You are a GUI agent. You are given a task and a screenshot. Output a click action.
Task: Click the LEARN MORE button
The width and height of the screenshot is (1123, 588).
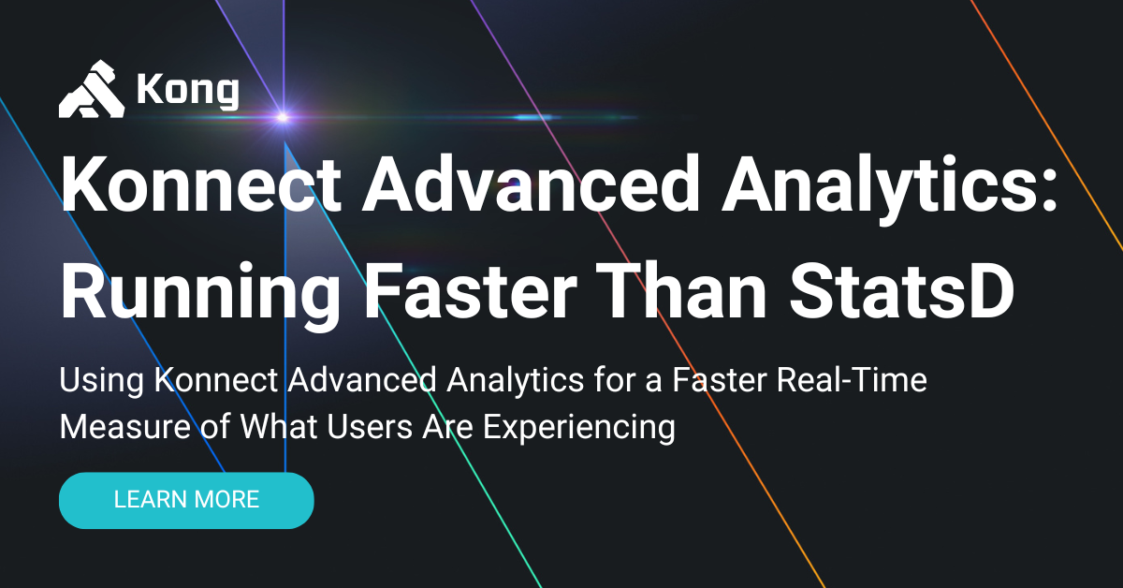(186, 500)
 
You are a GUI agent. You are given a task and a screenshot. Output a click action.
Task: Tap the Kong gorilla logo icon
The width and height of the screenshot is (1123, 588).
(92, 90)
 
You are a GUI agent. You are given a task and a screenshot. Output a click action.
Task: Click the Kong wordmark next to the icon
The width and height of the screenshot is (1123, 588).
(187, 91)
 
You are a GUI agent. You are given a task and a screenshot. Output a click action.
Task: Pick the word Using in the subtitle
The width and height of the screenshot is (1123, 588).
(101, 381)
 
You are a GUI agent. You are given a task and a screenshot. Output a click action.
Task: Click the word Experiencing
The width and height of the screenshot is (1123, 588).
(576, 427)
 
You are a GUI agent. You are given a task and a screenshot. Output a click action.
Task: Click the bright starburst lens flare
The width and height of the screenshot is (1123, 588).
(282, 117)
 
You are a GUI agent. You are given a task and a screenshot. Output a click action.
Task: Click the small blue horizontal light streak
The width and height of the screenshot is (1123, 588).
(533, 117)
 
